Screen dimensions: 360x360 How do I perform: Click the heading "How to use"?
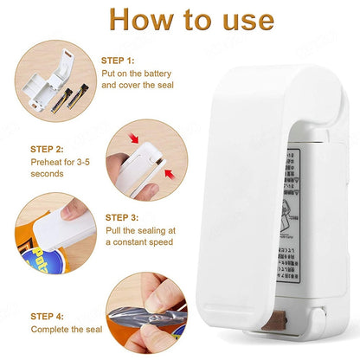coord(180,20)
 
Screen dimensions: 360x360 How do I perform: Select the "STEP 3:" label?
coord(122,217)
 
